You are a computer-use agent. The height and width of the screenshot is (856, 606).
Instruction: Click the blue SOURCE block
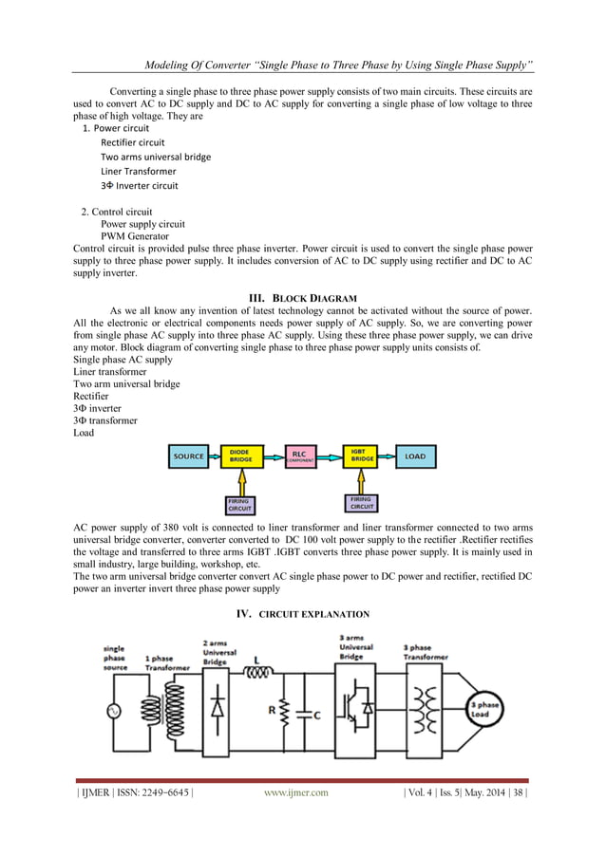188,456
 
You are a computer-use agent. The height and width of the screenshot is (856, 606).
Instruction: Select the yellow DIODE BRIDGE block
241,456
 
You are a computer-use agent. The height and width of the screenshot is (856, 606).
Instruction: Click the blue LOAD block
415,456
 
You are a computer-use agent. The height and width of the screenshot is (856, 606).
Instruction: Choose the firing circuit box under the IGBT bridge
361,503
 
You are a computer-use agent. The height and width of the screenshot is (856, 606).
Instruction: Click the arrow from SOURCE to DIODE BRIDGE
214,456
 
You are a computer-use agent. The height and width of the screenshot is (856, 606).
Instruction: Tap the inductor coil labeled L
258,675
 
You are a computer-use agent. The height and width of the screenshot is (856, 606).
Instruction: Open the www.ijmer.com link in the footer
295,792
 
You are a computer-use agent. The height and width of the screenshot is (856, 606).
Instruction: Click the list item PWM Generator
135,236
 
